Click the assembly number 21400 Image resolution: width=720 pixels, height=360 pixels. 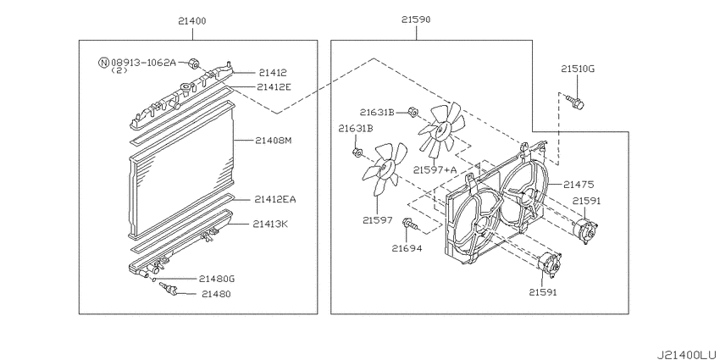(x=192, y=20)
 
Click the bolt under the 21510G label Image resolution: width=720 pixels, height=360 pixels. (x=578, y=102)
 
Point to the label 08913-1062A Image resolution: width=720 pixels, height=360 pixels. (x=143, y=62)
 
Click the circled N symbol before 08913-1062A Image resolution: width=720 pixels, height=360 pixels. (x=103, y=62)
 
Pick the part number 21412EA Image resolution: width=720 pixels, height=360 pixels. (x=275, y=199)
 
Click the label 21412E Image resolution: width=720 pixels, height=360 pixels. (x=274, y=86)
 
